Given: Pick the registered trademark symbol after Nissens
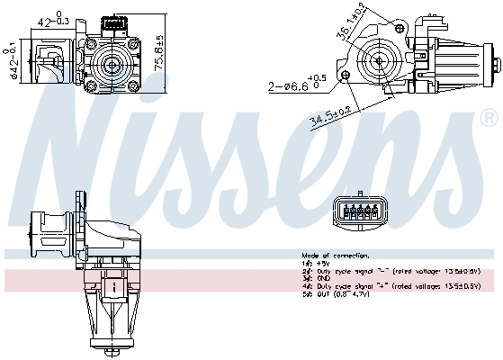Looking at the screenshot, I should (x=488, y=117).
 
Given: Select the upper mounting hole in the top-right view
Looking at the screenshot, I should (x=377, y=23).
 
